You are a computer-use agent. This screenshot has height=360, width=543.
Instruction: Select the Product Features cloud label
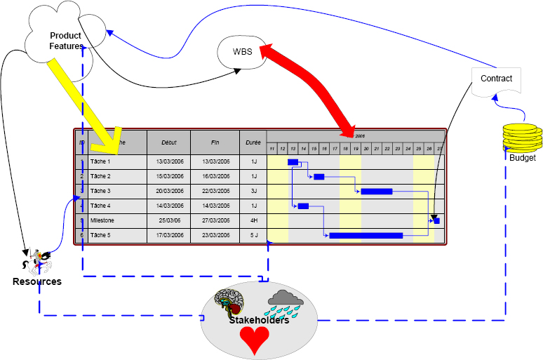click(65, 41)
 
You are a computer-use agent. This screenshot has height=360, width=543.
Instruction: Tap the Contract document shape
click(496, 79)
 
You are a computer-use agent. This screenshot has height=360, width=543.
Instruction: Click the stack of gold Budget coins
click(522, 138)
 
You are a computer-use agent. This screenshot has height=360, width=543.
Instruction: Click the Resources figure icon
click(36, 262)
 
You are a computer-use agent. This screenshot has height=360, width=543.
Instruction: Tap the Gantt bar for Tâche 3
click(377, 191)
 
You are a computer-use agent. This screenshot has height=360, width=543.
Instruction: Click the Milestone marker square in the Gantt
click(436, 220)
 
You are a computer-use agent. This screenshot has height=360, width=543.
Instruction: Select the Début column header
click(168, 142)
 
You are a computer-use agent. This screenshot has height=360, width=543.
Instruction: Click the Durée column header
click(253, 142)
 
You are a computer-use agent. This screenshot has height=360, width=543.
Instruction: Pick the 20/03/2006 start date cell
click(168, 191)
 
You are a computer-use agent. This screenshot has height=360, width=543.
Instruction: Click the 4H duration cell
click(253, 220)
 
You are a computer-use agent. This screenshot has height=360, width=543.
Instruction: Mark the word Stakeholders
click(259, 321)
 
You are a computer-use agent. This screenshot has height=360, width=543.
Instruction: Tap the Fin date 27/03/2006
click(215, 220)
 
